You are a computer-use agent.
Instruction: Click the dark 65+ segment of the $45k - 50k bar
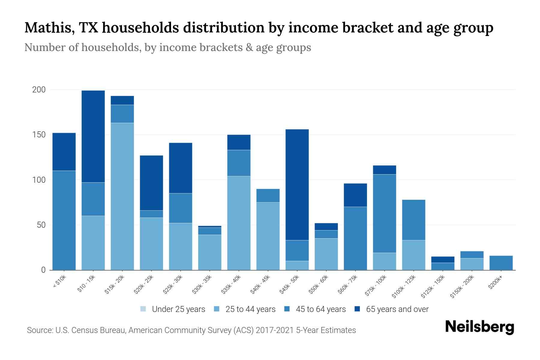[297, 184]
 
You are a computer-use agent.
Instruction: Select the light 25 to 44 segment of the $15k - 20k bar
[122, 196]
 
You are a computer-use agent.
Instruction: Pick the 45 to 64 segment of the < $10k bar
[64, 220]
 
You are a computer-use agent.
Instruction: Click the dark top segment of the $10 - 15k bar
[93, 136]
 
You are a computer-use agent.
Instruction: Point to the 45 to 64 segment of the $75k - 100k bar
[385, 213]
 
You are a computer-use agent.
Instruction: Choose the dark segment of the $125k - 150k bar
[443, 259]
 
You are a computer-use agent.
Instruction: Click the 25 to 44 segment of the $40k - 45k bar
[268, 236]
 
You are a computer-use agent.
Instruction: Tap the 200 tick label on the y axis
[39, 90]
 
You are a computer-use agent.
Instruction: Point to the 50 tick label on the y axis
[41, 225]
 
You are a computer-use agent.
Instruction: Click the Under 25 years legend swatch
[143, 309]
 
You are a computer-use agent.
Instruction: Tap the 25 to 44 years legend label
[250, 309]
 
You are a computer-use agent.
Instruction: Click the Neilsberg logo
[480, 327]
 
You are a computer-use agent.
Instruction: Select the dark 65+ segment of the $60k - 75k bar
[355, 195]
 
